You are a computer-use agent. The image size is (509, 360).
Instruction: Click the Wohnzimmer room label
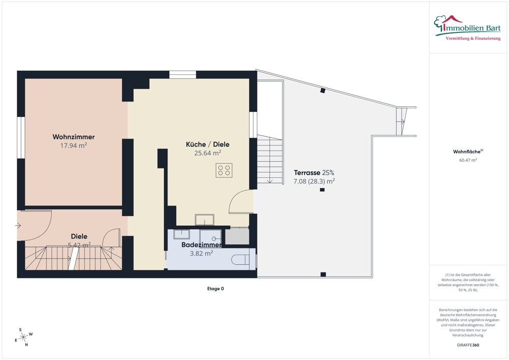click(x=73, y=137)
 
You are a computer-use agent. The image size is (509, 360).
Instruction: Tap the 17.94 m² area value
click(x=73, y=145)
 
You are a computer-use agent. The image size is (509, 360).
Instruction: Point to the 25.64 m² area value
click(x=207, y=152)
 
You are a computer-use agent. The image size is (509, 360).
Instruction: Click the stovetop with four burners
click(x=224, y=170)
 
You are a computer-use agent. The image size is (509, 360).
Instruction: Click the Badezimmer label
click(x=202, y=245)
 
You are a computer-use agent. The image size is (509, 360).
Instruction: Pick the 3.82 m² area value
click(x=201, y=253)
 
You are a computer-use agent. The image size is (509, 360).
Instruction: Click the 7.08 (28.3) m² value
click(x=314, y=181)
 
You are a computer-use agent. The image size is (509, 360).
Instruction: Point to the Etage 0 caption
click(x=214, y=289)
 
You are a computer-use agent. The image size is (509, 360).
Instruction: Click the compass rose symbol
click(x=23, y=337)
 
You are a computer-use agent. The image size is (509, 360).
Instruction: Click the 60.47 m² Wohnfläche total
click(x=468, y=160)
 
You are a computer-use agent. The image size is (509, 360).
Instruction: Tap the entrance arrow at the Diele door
click(x=19, y=225)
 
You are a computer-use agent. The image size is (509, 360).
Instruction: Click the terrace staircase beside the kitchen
click(x=269, y=161)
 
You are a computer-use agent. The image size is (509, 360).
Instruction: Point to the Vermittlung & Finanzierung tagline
click(x=473, y=39)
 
